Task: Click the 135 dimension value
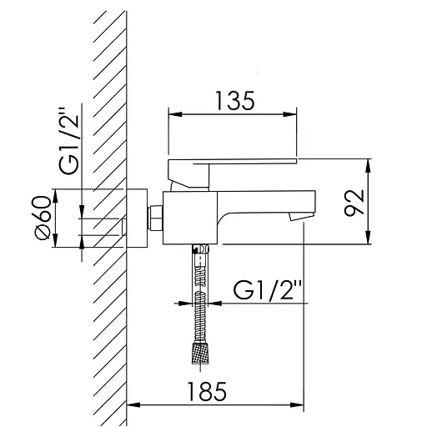235,100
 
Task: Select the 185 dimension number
207,391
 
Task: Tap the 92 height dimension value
354,203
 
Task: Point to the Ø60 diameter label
43,217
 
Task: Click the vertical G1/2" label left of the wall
69,141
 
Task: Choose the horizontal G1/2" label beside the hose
268,290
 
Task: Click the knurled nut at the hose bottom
200,354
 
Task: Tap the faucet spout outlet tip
301,216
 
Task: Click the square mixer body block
190,218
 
